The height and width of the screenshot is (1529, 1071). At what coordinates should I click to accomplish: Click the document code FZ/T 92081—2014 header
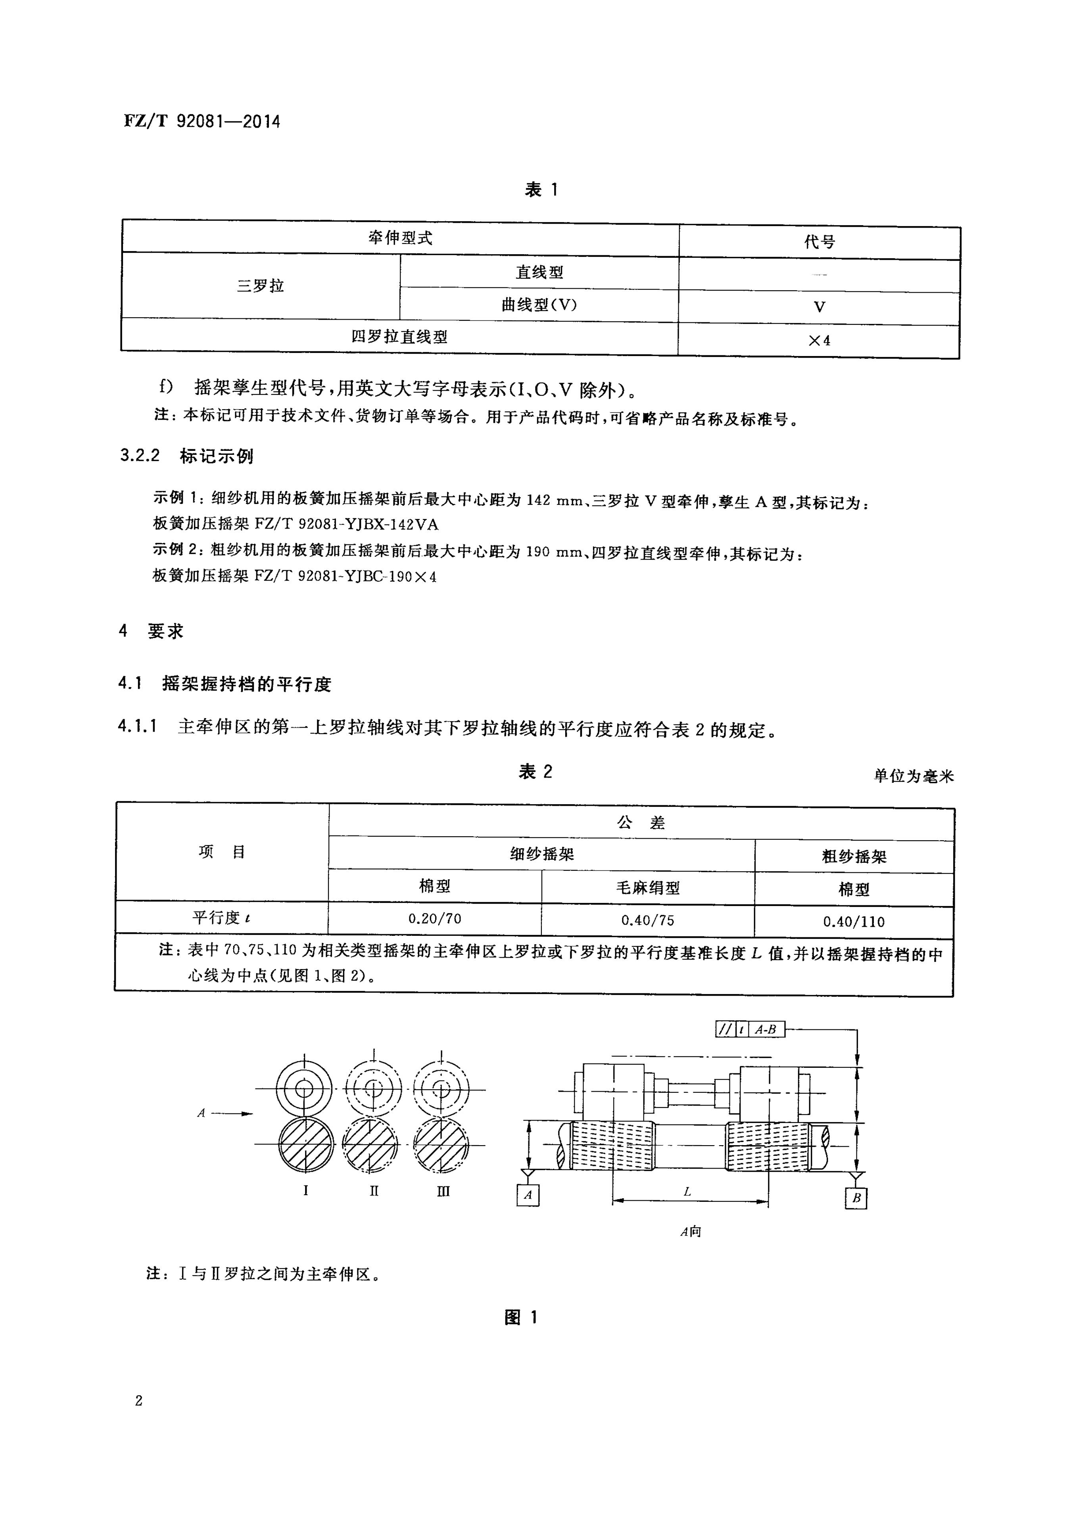coord(202,121)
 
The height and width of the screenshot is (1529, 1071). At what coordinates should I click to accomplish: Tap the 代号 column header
coord(819,242)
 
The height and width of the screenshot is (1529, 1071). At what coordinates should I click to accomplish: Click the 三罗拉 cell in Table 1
coord(261,285)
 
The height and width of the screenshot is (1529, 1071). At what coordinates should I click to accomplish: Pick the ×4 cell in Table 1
coord(819,340)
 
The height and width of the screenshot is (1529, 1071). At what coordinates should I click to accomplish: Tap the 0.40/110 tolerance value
coord(854,922)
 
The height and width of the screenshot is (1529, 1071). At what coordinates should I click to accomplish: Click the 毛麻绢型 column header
coord(647,888)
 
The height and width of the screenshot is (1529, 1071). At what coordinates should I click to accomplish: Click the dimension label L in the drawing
coord(687,1192)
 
